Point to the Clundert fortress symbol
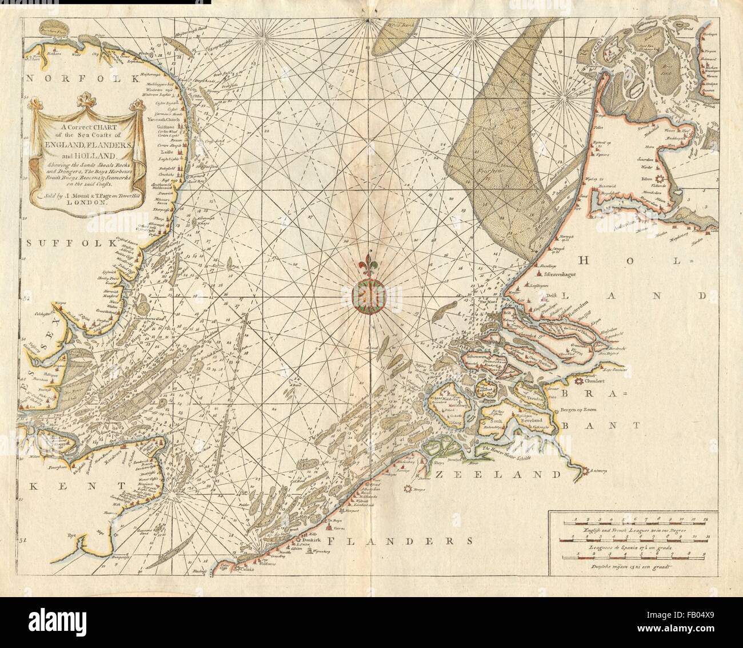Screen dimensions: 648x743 point(580,381)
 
